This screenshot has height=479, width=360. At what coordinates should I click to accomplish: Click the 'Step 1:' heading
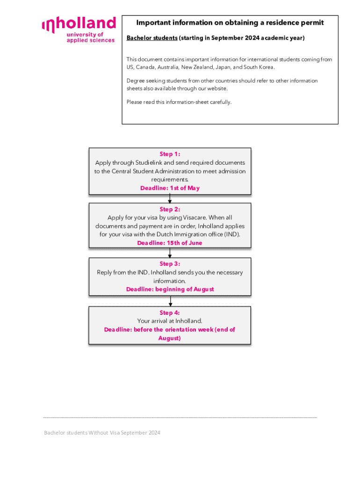point(170,154)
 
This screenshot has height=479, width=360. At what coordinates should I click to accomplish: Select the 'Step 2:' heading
point(170,209)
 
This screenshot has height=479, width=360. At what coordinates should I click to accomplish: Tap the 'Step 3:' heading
point(170,264)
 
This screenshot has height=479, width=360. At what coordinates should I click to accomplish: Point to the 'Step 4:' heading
point(170,312)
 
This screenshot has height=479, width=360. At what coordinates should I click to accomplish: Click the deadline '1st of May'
point(170,188)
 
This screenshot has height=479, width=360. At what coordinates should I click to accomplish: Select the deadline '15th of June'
point(170,243)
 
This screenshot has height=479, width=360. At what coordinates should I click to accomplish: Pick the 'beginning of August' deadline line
point(170,290)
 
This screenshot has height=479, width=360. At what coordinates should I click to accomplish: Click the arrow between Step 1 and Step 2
point(170,198)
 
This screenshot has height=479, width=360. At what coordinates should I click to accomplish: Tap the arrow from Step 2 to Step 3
point(170,253)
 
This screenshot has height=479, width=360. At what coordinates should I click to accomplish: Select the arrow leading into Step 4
point(170,302)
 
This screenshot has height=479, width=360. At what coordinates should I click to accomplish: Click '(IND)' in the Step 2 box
point(231,235)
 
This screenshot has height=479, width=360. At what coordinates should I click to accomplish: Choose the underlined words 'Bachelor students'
point(151,38)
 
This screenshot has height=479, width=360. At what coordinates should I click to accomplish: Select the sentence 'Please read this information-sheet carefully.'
point(179,102)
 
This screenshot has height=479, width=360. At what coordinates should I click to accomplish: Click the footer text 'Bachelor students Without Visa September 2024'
point(102,433)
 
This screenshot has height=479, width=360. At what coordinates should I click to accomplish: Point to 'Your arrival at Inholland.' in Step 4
point(170,321)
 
